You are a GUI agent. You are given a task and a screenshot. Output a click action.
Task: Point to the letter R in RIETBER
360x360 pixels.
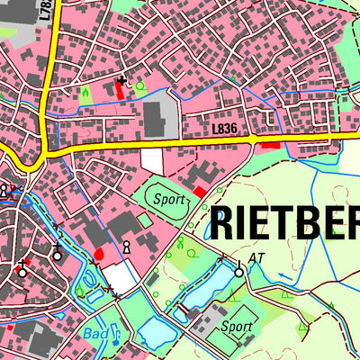[x=227, y=223]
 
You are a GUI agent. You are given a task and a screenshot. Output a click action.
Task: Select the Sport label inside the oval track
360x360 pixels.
[x=167, y=199]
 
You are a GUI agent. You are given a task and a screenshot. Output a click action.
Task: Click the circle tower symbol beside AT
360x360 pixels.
[x=239, y=271]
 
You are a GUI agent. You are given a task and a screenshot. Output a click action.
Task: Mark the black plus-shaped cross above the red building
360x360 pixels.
[x=122, y=81]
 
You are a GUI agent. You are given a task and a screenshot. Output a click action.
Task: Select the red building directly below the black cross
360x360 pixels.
[x=120, y=91]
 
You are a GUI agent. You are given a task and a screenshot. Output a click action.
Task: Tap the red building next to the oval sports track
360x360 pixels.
[x=198, y=192]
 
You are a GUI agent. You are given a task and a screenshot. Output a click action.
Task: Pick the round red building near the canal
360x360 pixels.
[x=99, y=255]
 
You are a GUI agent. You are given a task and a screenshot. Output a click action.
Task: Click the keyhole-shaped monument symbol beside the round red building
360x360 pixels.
[x=127, y=246]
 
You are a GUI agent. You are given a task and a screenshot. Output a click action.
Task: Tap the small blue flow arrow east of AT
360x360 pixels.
[x=281, y=270]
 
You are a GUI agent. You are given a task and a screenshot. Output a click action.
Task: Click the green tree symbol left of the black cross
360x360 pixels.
[x=86, y=92]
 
